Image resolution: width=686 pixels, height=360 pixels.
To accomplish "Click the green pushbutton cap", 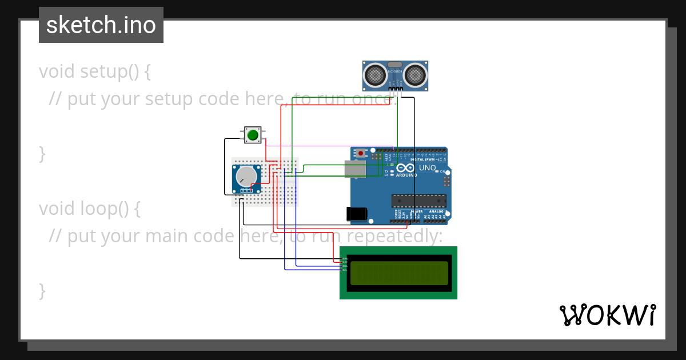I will click(x=252, y=135).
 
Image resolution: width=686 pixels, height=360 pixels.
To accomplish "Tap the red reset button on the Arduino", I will click(x=361, y=153).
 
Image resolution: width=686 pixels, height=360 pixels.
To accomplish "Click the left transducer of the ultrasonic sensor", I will click(x=374, y=74).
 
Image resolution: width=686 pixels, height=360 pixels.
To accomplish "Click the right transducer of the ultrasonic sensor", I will click(x=416, y=74).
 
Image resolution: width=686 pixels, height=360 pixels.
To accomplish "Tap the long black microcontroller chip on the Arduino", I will click(x=418, y=200).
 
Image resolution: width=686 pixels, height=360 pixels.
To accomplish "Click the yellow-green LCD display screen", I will click(x=399, y=273).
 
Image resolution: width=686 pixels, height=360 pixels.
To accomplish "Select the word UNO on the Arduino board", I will click(x=428, y=168).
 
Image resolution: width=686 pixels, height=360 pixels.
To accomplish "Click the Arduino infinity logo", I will click(x=406, y=168).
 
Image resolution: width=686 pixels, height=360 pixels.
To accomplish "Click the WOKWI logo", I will click(x=607, y=315).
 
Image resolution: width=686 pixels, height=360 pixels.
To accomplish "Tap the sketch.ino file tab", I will click(x=101, y=25).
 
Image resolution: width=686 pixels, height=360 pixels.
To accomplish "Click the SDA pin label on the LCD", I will click(x=345, y=266).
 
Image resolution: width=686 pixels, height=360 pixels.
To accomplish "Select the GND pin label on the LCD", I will click(x=345, y=258).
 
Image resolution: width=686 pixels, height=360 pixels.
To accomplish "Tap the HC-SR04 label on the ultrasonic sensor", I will click(x=395, y=71).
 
